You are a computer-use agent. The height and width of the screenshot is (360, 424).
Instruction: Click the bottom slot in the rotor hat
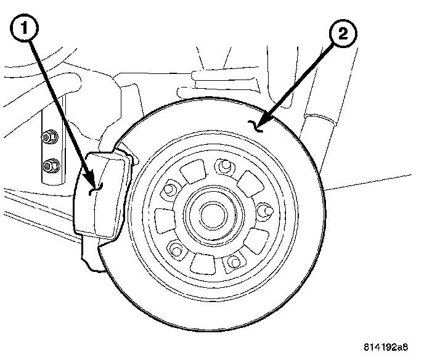coord(202,263)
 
